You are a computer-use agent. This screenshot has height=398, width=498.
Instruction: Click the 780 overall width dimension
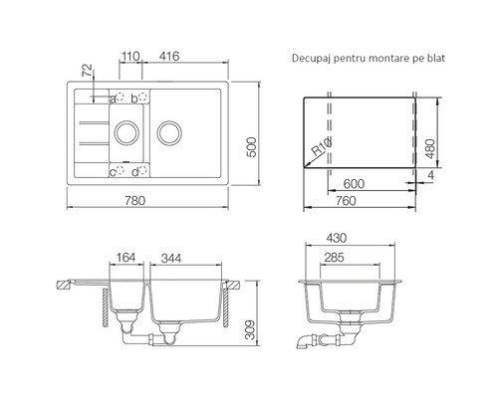coord(135,201)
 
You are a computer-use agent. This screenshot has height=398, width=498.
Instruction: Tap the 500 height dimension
coord(252,147)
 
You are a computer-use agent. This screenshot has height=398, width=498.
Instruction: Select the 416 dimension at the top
coord(169,56)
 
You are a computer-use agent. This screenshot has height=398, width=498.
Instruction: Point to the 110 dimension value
coord(130,56)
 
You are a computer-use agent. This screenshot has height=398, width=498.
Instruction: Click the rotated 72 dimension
coord(87,71)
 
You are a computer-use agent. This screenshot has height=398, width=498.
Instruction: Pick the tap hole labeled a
coord(120,97)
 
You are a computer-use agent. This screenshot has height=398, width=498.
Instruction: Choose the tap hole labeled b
coord(142,97)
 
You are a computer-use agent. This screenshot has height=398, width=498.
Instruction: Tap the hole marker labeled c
coord(120,170)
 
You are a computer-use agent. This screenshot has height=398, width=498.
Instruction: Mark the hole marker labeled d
coord(142,170)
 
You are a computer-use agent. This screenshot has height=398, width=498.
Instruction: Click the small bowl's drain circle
coord(126,133)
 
